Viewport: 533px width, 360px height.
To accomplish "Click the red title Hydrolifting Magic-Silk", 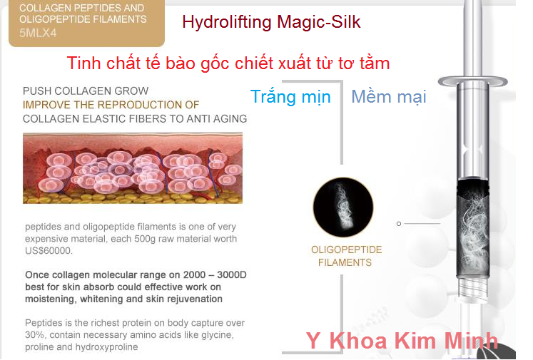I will pos(271,22).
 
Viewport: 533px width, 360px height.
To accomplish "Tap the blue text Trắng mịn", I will pos(290,97).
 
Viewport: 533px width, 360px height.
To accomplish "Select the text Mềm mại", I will pos(388,97).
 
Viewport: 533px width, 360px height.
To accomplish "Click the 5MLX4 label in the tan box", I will pos(42,33).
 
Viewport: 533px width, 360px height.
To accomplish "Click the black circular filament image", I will pos(343,207).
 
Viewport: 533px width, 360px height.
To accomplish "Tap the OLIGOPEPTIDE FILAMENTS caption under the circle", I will pos(346,256).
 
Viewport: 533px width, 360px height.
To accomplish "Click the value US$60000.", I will pos(49,251).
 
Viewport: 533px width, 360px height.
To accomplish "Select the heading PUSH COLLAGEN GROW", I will pos(86,91).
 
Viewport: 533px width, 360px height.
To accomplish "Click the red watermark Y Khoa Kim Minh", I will pos(402,341).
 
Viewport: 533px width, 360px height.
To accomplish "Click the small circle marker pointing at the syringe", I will pos(399,223).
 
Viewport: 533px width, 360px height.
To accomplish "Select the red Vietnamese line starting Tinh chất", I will pos(228,63).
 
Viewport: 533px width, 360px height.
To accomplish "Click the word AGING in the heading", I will pos(230,118).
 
